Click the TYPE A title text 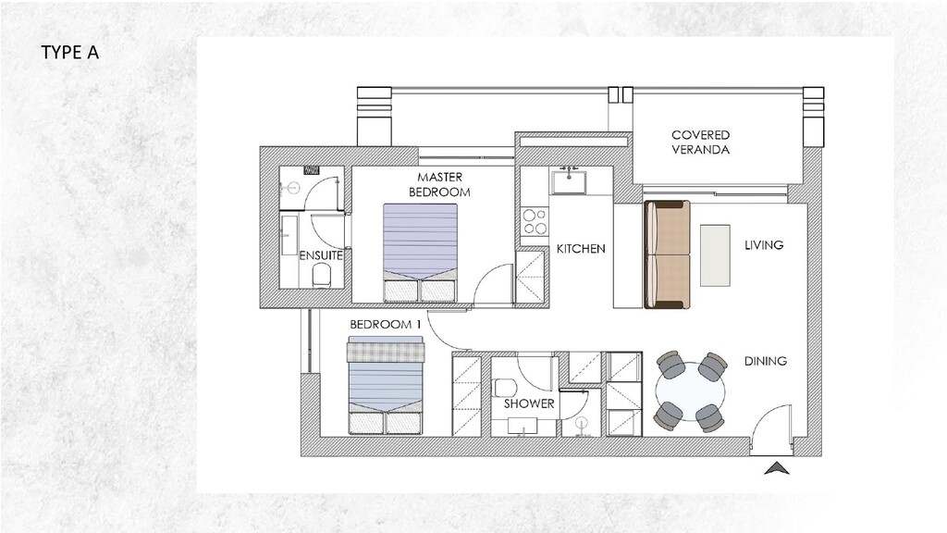[69, 52]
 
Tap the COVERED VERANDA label [700, 142]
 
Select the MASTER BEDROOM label [439, 184]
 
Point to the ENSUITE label [321, 254]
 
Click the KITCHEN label [581, 249]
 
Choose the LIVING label [764, 245]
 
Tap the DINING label [766, 361]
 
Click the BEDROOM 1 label [385, 325]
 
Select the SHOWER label [529, 403]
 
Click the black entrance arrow [778, 469]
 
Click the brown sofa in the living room [667, 254]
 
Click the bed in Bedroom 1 [385, 387]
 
